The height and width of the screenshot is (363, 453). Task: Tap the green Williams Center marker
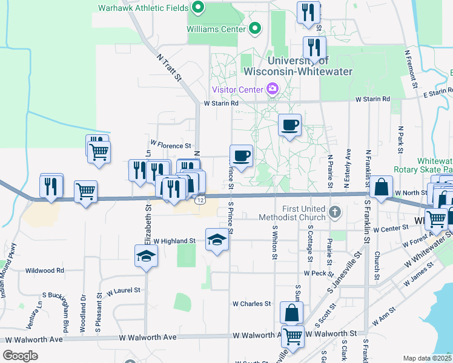(256, 28)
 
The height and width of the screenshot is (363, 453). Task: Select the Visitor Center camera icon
(272, 90)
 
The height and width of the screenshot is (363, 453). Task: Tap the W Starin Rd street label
(222, 103)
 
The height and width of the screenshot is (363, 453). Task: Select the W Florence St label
(171, 145)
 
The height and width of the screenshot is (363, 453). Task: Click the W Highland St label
(174, 241)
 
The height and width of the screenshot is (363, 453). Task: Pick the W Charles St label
(253, 304)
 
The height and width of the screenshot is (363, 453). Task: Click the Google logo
(21, 355)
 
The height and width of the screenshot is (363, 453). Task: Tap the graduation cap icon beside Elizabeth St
(146, 256)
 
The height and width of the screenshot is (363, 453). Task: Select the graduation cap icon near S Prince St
(216, 240)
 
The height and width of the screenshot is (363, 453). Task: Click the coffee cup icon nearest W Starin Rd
(289, 125)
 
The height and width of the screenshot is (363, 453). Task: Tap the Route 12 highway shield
(201, 200)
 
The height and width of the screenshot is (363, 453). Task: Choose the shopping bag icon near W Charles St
(291, 313)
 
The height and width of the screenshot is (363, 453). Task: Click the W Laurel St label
(124, 291)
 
